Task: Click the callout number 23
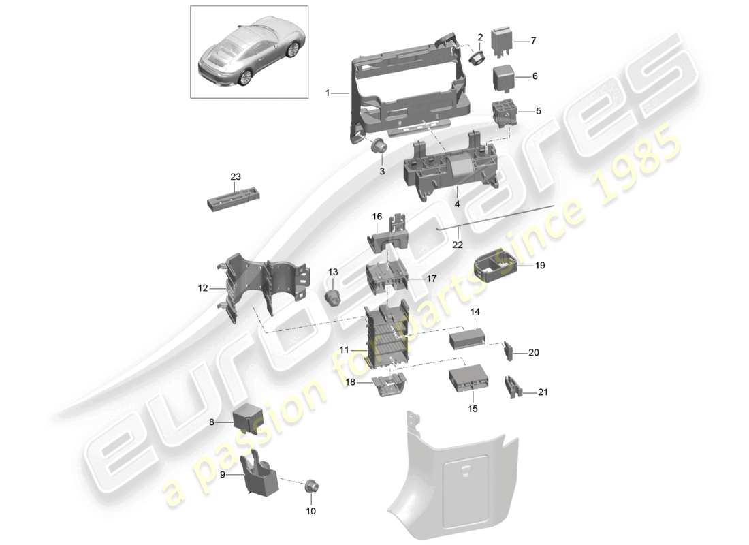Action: pyautogui.click(x=236, y=177)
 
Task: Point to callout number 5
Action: pyautogui.click(x=538, y=110)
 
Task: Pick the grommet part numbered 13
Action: pyautogui.click(x=334, y=297)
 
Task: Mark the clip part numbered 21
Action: pyautogui.click(x=511, y=387)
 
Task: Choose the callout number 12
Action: pyautogui.click(x=202, y=288)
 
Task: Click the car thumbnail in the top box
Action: pyautogui.click(x=249, y=51)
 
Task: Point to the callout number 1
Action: pyautogui.click(x=327, y=93)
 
